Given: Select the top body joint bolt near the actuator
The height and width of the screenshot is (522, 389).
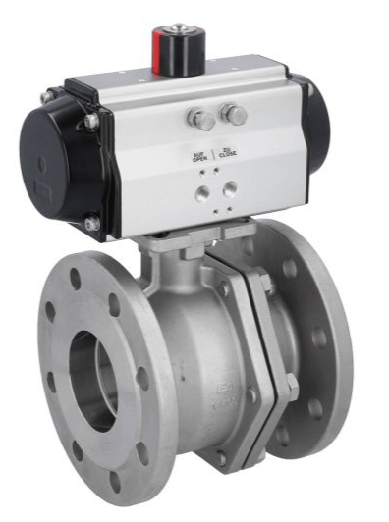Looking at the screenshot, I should (262, 284).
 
